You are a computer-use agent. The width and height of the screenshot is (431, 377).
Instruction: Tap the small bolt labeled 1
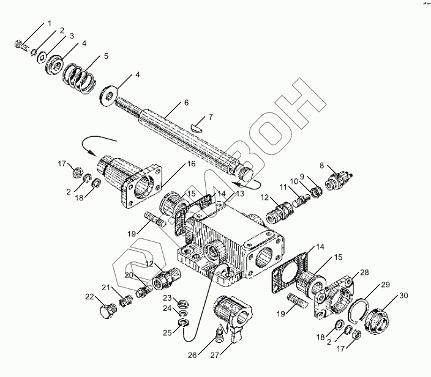point(20,45)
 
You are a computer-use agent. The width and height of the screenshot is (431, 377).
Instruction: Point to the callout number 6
point(169,103)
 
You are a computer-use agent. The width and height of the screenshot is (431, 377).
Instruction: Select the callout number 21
point(105,288)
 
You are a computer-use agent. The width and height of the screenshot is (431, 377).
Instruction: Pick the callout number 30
point(403,296)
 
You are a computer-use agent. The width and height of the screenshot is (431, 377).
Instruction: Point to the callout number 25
point(167,332)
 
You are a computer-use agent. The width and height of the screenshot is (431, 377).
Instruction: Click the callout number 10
point(294,181)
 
